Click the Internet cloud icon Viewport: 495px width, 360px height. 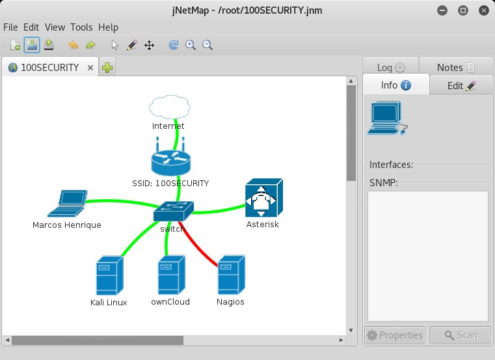170,107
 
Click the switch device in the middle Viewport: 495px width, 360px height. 173,211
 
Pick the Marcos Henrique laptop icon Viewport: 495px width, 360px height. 67,203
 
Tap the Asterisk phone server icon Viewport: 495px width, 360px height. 264,198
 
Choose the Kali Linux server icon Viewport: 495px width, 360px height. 109,275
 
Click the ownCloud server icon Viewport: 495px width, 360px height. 172,275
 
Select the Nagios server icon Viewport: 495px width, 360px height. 232,275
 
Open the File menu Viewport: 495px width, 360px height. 10,27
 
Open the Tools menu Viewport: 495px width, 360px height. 81,27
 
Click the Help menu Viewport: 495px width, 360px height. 108,27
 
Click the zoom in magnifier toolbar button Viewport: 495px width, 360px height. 191,45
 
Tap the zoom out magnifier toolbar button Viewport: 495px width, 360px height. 207,45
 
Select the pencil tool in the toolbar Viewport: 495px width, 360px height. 131,45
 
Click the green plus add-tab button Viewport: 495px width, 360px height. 107,67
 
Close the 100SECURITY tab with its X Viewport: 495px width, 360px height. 90,68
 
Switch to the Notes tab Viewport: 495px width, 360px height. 456,67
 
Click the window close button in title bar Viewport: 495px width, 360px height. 484,10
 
